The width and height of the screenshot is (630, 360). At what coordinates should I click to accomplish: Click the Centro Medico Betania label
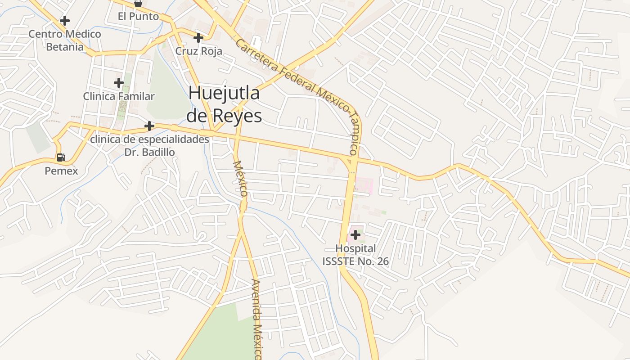[65, 40]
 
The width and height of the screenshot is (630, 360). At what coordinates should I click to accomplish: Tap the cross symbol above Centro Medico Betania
[65, 21]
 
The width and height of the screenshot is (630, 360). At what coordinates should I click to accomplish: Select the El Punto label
[138, 16]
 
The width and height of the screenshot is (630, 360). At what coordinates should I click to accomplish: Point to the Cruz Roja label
[198, 51]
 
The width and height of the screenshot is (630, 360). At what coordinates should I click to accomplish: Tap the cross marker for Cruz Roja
[198, 38]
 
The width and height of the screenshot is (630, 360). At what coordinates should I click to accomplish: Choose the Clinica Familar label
[119, 96]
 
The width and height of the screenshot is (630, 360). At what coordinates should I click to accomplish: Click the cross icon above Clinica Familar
[119, 83]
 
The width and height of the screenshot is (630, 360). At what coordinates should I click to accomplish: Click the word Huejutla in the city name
[224, 93]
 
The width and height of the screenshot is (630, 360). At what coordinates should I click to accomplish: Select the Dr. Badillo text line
[149, 152]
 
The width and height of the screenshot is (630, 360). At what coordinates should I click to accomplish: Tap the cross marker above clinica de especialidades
[149, 126]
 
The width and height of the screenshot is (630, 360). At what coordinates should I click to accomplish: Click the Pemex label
[61, 171]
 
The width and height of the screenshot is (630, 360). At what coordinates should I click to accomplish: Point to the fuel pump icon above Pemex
[61, 157]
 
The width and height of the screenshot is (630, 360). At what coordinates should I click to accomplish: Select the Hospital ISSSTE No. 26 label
[355, 255]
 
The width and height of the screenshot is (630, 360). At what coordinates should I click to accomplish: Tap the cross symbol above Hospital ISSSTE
[355, 235]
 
